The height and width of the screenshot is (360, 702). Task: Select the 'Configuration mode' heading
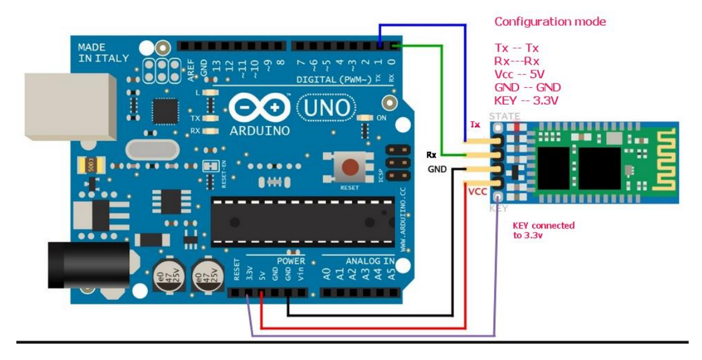(550, 22)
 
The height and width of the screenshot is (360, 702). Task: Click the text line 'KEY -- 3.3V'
(527, 100)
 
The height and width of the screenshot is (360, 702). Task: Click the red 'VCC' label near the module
(477, 192)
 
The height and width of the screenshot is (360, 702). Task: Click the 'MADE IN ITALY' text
(103, 53)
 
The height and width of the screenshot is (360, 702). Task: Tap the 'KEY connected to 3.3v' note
(543, 230)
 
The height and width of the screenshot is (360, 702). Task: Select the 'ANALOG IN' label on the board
(370, 261)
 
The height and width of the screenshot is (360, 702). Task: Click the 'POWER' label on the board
(291, 261)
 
